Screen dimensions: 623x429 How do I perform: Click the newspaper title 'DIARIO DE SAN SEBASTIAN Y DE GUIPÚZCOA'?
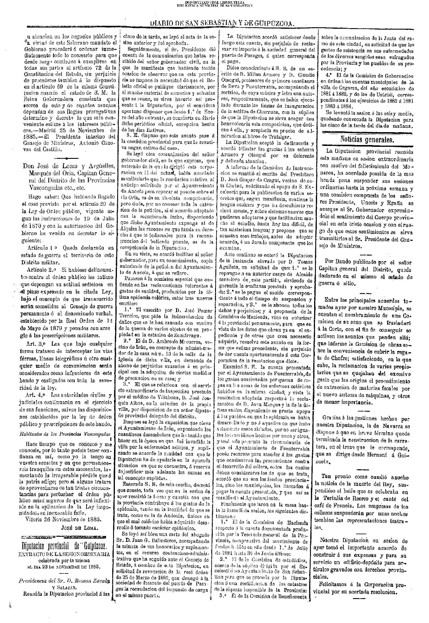[x=222, y=23]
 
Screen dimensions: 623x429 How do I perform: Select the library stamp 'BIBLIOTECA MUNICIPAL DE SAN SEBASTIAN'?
[x=215, y=5]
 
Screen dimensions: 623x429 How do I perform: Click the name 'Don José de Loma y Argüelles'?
[x=69, y=166]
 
